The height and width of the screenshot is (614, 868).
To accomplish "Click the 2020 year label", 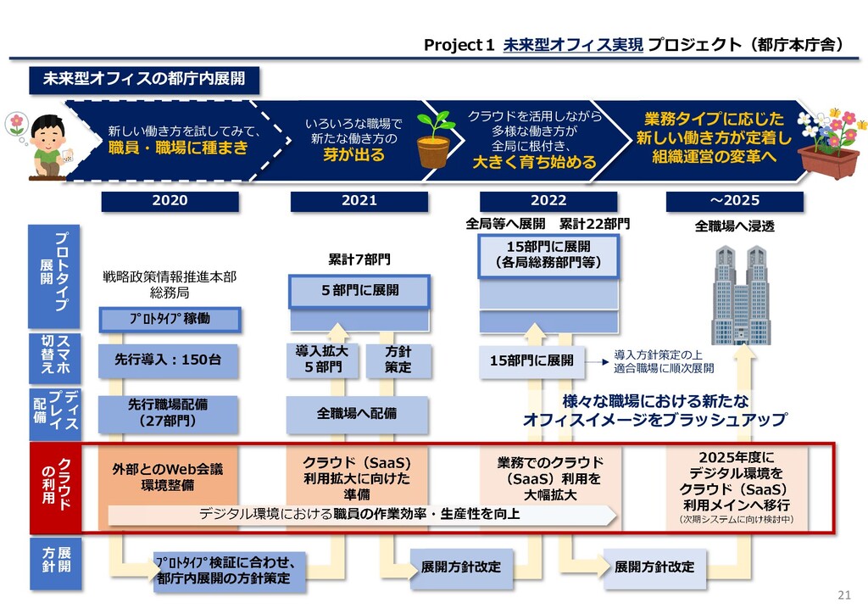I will pyautogui.click(x=170, y=201).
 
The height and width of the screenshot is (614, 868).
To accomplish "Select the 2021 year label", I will pyautogui.click(x=359, y=201).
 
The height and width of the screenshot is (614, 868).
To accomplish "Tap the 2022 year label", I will pyautogui.click(x=548, y=201).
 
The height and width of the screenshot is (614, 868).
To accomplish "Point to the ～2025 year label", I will pyautogui.click(x=734, y=201).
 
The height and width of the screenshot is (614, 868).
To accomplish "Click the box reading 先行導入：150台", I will pyautogui.click(x=169, y=360).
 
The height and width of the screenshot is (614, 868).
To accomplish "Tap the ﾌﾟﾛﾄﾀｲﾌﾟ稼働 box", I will pyautogui.click(x=170, y=319).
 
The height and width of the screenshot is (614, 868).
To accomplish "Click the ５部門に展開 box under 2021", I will pyautogui.click(x=359, y=291).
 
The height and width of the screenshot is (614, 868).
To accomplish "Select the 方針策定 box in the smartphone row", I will pyautogui.click(x=398, y=360).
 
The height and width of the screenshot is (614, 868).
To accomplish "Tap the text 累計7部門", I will pyautogui.click(x=359, y=259).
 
